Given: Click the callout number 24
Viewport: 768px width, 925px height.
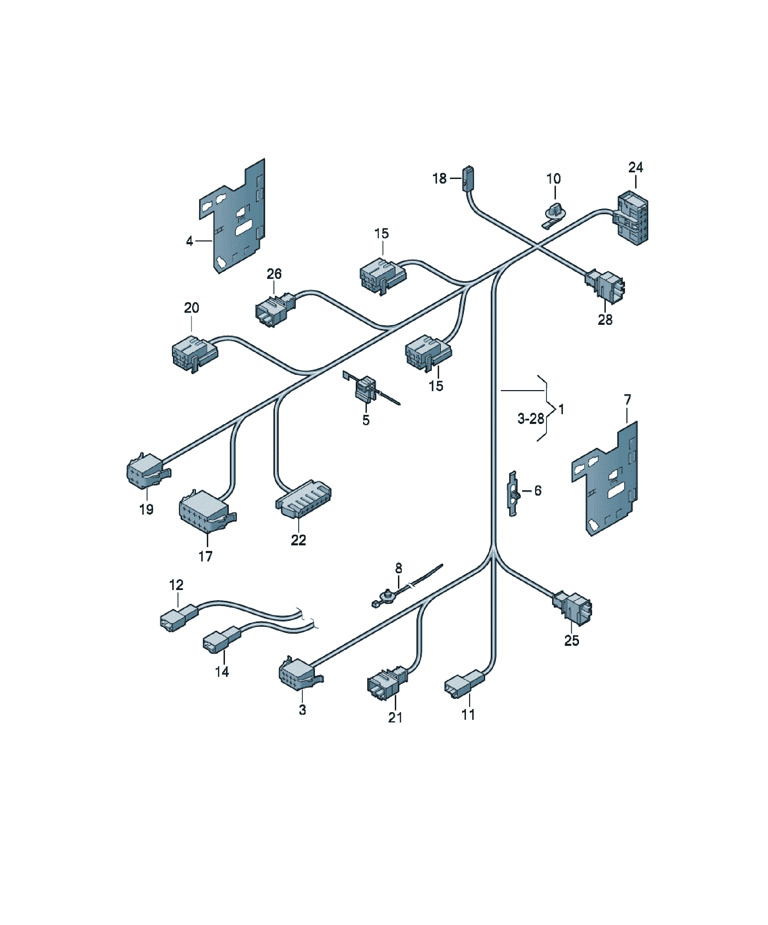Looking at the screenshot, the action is pyautogui.click(x=635, y=167).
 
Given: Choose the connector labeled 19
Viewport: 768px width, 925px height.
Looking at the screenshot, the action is pyautogui.click(x=148, y=470).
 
